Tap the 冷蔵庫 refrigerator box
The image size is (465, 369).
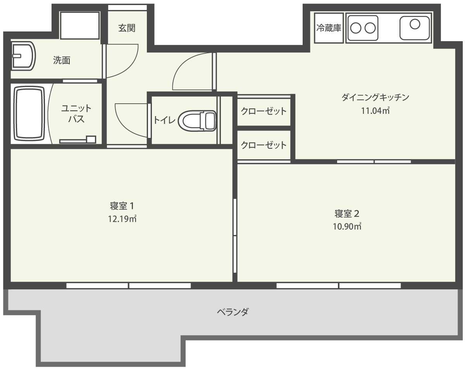click(329, 28)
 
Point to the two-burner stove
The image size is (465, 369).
click(363, 28)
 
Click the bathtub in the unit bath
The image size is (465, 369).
click(29, 113)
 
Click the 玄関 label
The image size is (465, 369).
click(127, 28)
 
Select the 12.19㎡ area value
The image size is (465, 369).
click(122, 219)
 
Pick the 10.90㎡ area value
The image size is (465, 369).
click(347, 226)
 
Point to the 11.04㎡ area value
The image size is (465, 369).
click(375, 111)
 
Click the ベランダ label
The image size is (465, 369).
click(232, 312)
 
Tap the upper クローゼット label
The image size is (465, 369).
click(263, 111)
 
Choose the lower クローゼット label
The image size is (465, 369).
click(263, 145)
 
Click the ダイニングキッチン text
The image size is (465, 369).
click(375, 97)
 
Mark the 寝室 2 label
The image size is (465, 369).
click(347, 213)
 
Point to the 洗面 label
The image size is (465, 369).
click(62, 60)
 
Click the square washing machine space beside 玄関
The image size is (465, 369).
click(80, 25)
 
